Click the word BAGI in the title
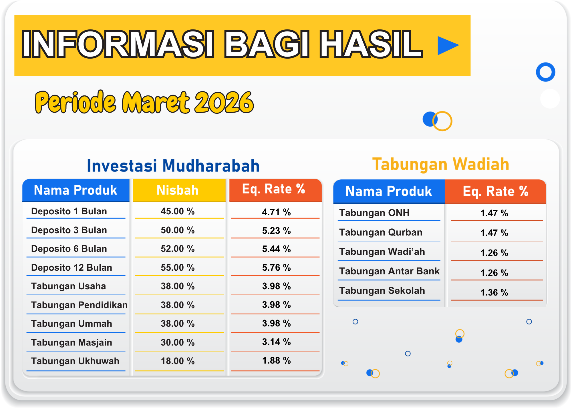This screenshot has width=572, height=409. [x=266, y=44]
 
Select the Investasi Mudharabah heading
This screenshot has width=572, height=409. [x=173, y=166]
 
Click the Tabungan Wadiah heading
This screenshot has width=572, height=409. [x=441, y=164]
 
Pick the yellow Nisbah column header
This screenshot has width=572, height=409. [x=178, y=190]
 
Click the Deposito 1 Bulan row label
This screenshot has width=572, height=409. [x=69, y=211]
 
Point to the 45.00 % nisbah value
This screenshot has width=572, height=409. [x=178, y=211]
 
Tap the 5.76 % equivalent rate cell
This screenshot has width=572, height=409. [x=276, y=268]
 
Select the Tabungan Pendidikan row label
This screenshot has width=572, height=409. [x=79, y=305]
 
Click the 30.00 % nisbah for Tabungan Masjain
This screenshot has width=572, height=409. [x=178, y=342]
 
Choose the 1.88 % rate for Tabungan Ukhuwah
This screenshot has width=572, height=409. [x=276, y=360]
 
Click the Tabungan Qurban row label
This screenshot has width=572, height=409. [x=381, y=232]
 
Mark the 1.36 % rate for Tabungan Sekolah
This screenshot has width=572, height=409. [x=494, y=292]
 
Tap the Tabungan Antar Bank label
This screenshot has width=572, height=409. [x=389, y=271]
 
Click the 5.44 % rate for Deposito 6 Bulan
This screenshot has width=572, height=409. [x=276, y=249]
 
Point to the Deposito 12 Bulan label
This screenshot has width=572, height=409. [x=71, y=268]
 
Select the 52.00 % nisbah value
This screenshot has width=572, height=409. [x=178, y=249]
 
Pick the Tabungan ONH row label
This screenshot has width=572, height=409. [x=374, y=213]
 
